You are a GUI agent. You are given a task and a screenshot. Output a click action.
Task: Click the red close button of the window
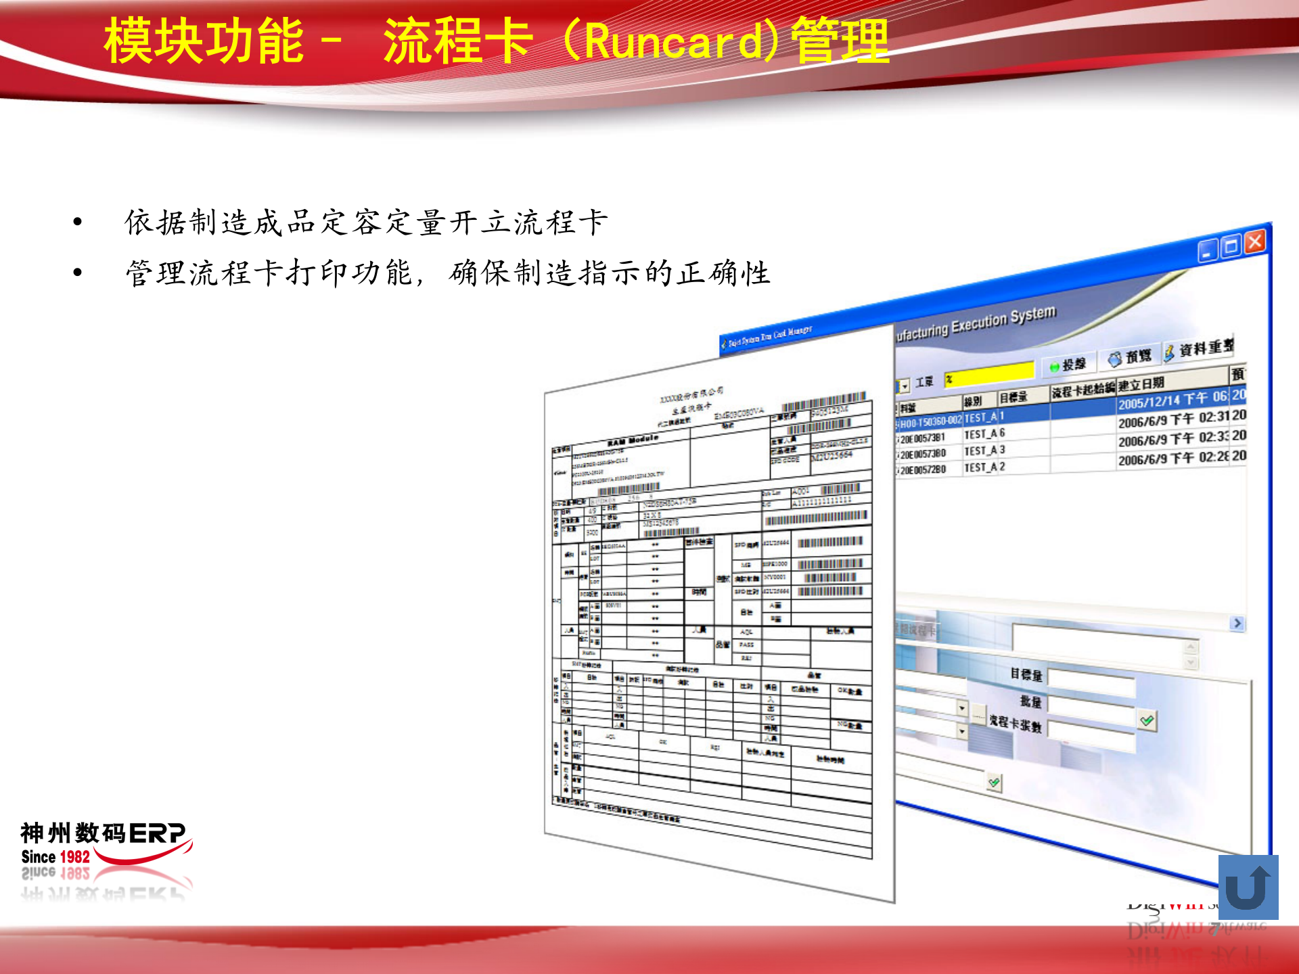pos(1255,242)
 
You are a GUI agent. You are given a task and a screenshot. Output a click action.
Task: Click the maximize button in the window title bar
pos(1231,246)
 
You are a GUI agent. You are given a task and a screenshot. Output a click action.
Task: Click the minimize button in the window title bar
pos(1208,251)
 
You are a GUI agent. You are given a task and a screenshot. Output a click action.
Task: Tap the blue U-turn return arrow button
pos(1248,887)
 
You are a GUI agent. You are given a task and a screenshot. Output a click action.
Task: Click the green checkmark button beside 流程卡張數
pos(1147,720)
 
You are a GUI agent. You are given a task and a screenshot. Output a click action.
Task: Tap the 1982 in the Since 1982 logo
pos(75,857)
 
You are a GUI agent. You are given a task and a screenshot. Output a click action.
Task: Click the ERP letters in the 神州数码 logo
pos(157,833)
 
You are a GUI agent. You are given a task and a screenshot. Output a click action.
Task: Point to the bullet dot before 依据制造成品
pos(78,222)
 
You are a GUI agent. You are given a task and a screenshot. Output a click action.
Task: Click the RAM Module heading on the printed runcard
pos(633,441)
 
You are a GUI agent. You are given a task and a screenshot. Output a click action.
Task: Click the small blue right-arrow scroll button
pos(1237,623)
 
